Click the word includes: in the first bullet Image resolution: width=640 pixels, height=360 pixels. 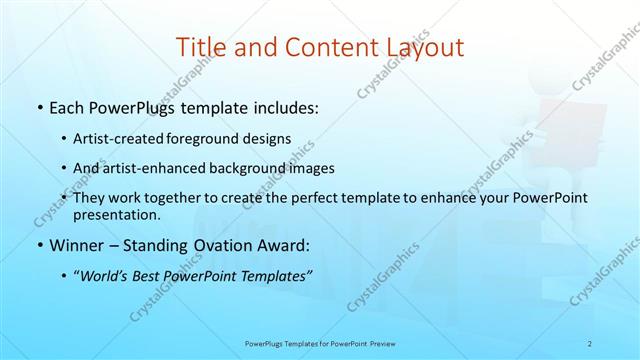tap(283, 107)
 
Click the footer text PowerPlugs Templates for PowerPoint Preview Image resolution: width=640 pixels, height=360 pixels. tap(320, 343)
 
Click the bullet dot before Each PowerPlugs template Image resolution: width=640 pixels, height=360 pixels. tap(38, 107)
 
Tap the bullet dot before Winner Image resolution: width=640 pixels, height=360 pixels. tap(38, 245)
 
